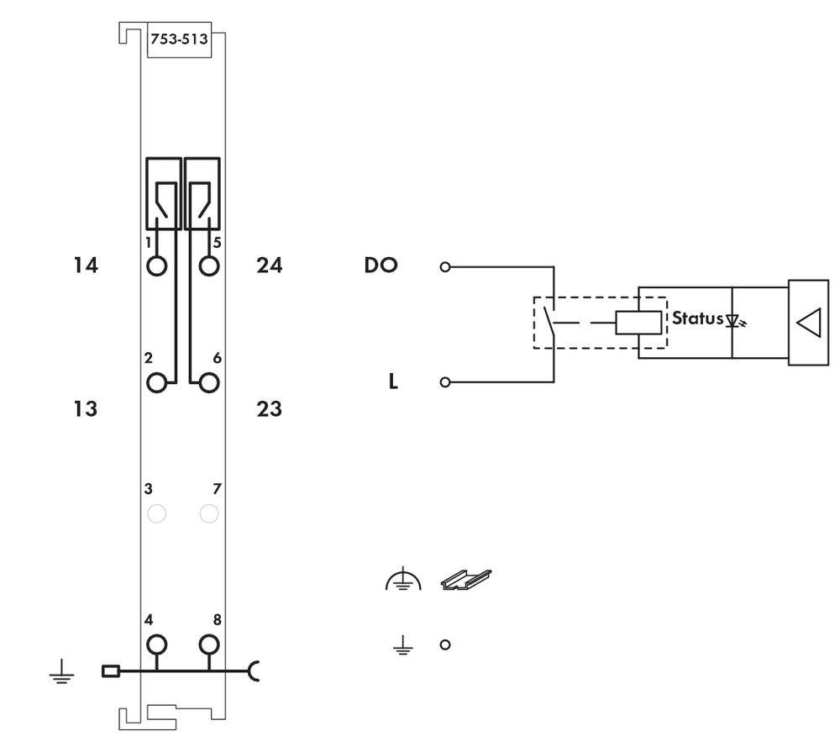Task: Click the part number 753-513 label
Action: (179, 39)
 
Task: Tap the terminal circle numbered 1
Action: (156, 266)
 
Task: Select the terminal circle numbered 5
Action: (209, 266)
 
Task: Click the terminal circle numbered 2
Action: (156, 383)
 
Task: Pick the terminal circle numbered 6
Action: (209, 383)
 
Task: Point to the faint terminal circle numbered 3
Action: (156, 513)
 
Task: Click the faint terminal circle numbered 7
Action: (209, 513)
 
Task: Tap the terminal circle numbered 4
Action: (156, 644)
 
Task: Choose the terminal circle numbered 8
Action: (209, 644)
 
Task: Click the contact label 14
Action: (86, 266)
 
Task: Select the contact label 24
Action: (269, 266)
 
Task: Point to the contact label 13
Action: (86, 409)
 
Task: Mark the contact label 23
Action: (269, 409)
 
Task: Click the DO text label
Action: (381, 266)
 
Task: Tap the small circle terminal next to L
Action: (445, 382)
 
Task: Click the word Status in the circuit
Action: (697, 318)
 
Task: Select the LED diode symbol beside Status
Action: (736, 321)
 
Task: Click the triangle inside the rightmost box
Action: (809, 323)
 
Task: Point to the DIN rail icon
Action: (466, 580)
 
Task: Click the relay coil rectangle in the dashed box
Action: (638, 323)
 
